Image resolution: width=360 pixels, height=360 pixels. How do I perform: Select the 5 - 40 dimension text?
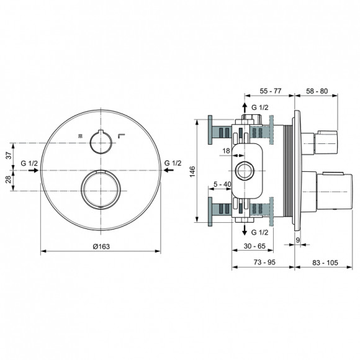pos(222,184)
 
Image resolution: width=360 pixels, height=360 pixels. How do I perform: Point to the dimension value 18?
pos(227,150)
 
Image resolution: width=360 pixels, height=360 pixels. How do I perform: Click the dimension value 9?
pos(298,240)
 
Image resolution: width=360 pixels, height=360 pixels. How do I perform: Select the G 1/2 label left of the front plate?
pos(30,163)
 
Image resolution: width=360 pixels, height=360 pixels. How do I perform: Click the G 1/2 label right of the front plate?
pos(173,163)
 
